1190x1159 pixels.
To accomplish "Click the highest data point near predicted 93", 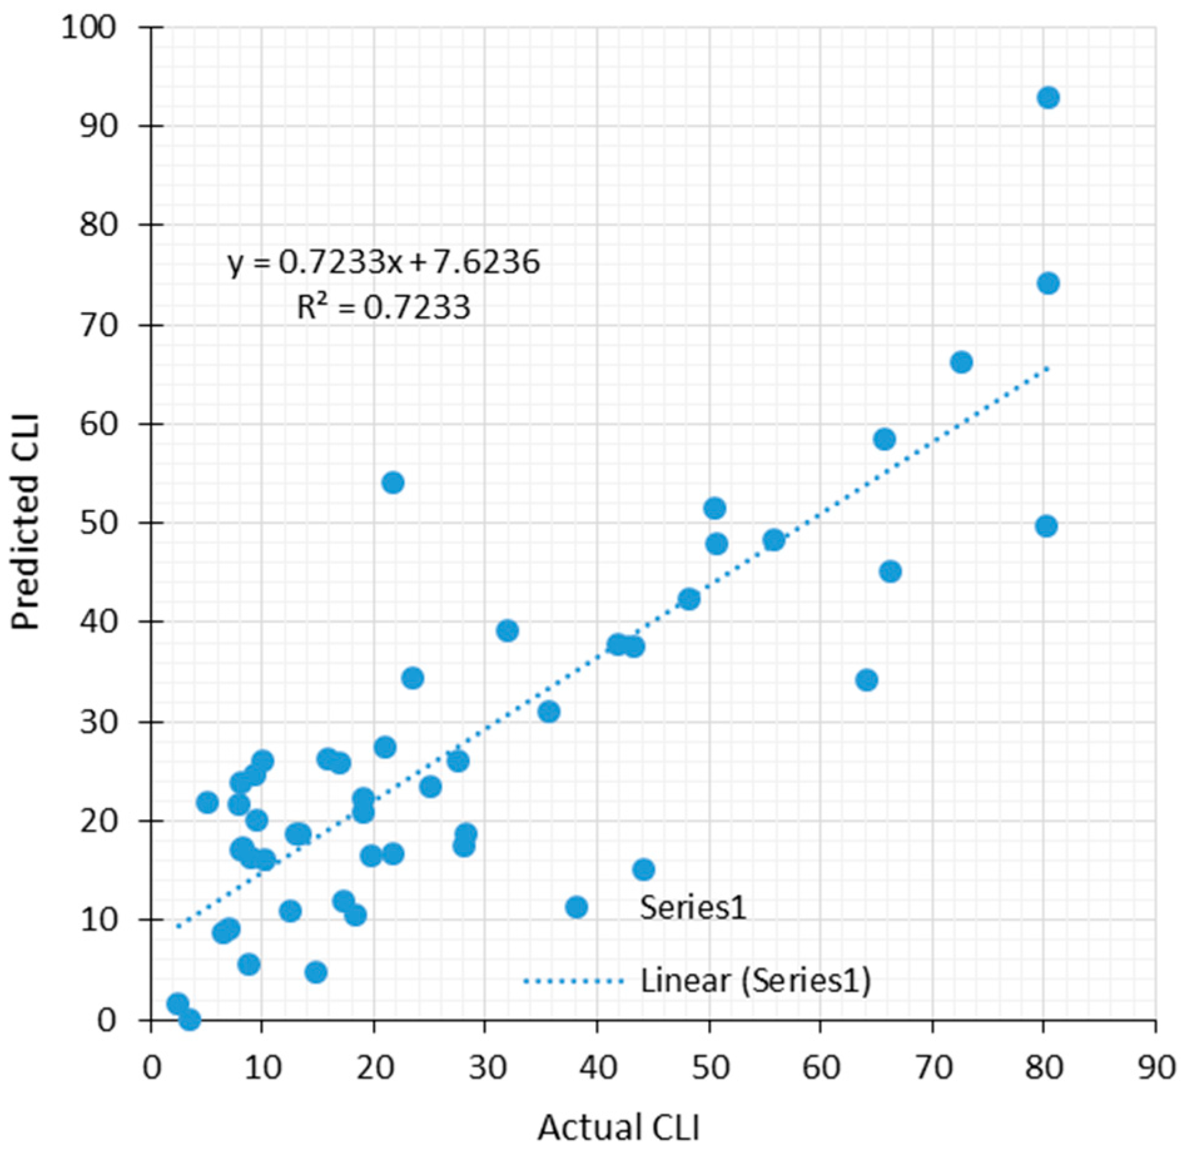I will pos(1048,98).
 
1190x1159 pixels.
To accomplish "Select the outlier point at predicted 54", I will pos(392,482).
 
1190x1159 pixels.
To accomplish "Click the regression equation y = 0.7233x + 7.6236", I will pos(384,262).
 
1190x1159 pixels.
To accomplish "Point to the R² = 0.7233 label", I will pos(383,307).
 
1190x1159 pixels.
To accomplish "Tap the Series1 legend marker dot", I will pos(577,907).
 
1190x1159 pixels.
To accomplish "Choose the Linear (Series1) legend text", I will pos(756,981).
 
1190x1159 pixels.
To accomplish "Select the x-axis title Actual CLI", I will pos(618,1127).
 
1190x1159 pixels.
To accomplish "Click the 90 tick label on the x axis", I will pos(1156,1068).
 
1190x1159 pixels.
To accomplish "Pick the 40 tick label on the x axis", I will pos(597,1068).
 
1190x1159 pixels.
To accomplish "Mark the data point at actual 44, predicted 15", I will pos(644,869).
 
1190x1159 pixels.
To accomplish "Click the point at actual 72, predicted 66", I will pos(962,362).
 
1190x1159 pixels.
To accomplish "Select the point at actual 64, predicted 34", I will pos(867,680).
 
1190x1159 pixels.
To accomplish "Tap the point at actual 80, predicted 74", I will pos(1048,283).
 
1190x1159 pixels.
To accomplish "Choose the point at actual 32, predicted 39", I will pos(508,631).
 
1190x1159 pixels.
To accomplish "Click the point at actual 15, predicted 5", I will pos(316,972).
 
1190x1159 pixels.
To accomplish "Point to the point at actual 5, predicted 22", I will pos(207,802).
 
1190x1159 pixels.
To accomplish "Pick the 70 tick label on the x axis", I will pos(933,1068).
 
